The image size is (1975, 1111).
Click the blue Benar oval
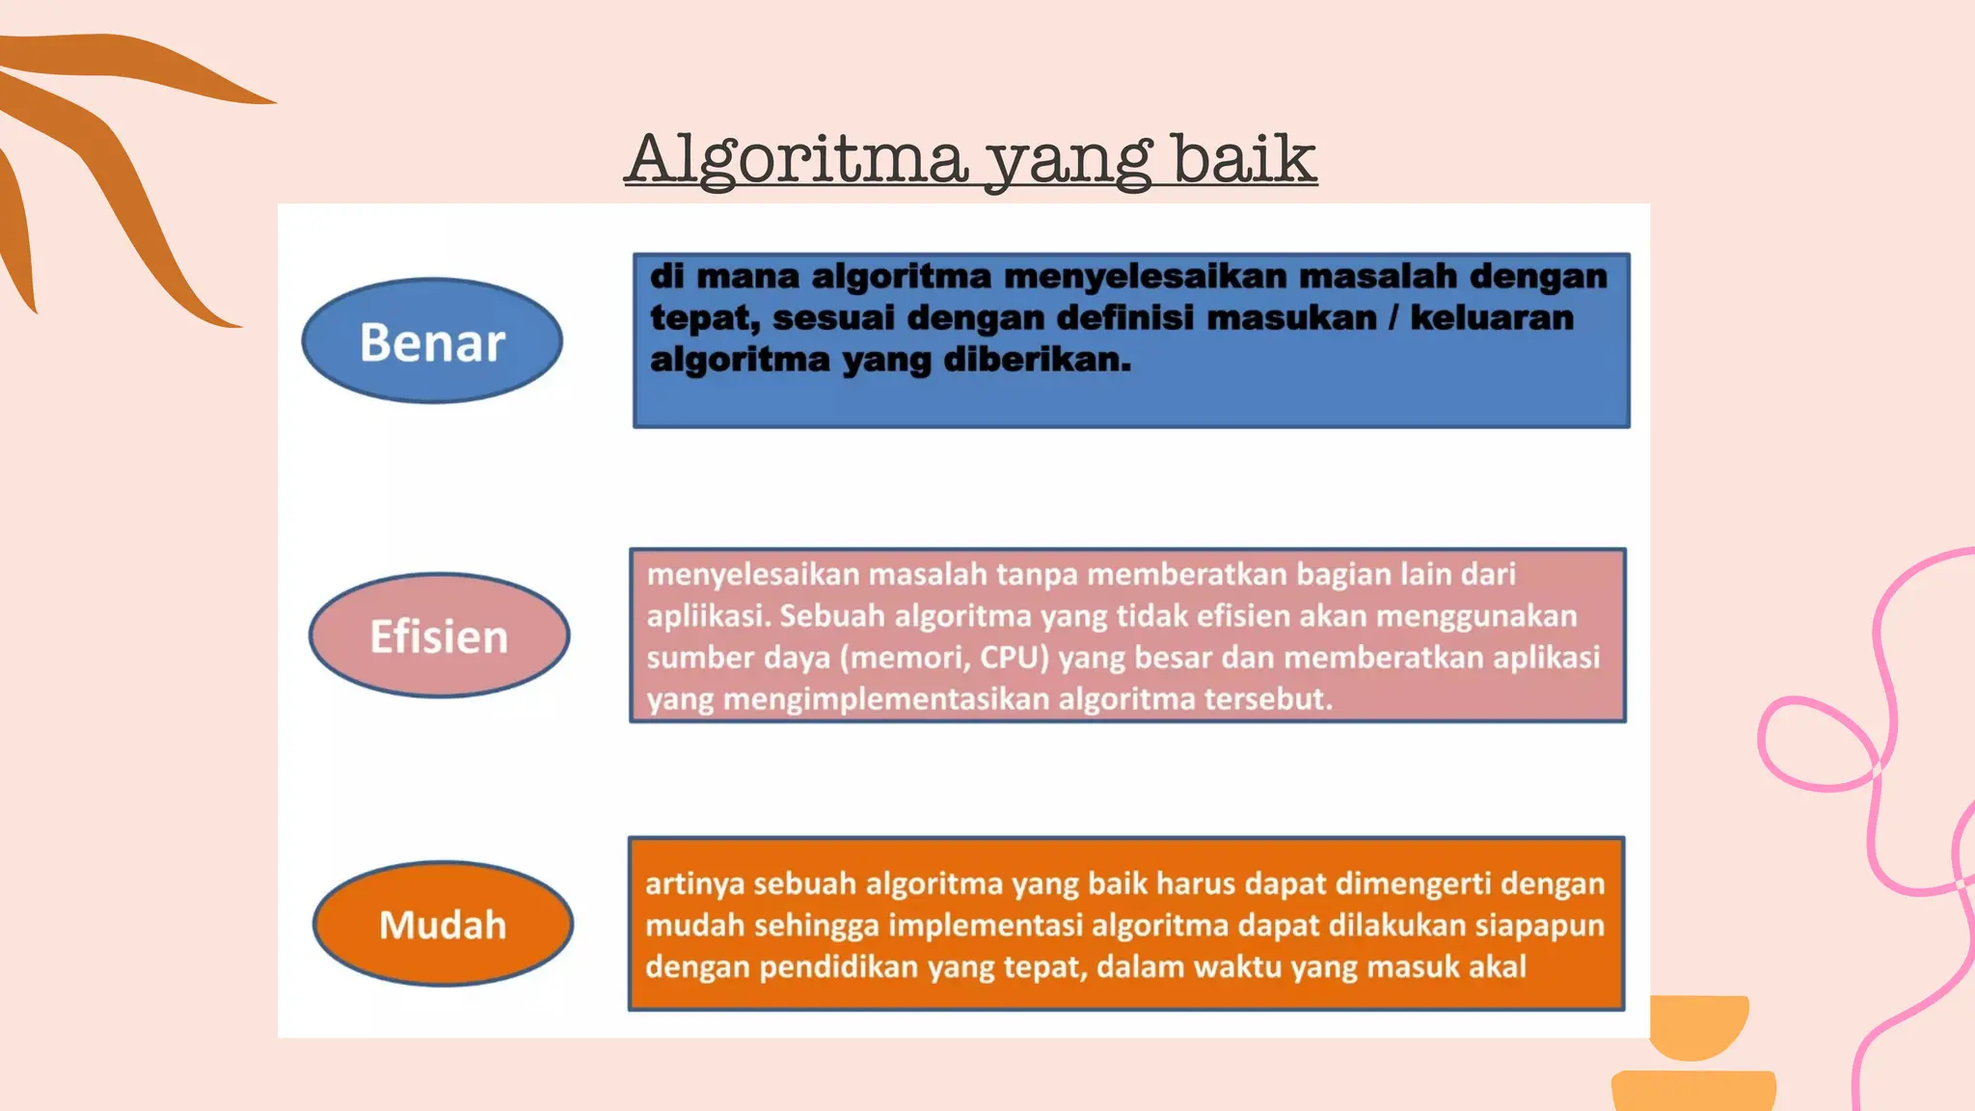tap(432, 341)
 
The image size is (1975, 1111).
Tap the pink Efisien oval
tap(439, 636)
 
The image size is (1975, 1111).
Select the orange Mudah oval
tap(443, 924)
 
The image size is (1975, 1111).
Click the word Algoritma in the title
tap(798, 159)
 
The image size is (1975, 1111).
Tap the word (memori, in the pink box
tap(906, 658)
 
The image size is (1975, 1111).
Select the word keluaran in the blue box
tap(1492, 318)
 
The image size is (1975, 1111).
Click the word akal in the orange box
tap(1498, 967)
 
